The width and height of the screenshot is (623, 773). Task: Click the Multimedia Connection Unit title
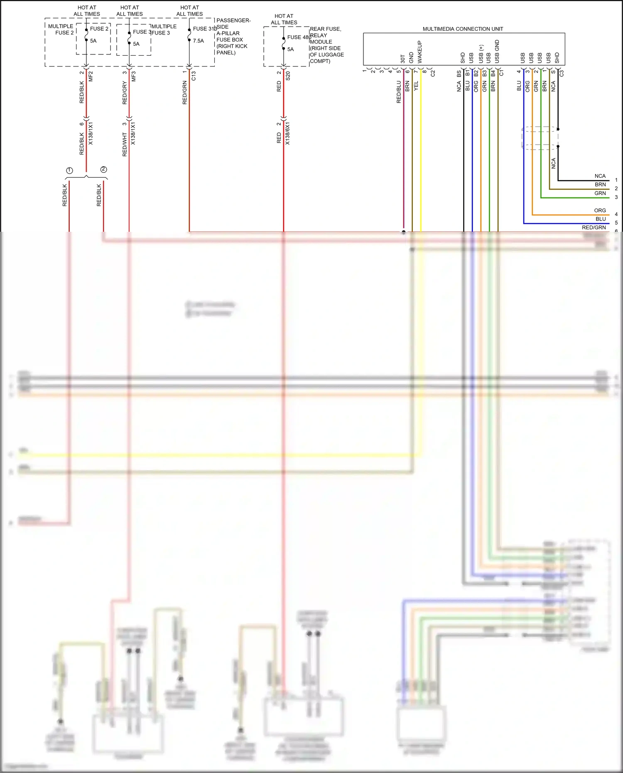(x=463, y=29)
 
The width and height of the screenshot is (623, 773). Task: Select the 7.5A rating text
(x=198, y=41)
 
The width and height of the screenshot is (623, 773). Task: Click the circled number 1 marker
(x=69, y=170)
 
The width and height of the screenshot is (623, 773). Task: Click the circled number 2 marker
(x=103, y=169)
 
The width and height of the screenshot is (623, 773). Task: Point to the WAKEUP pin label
(x=419, y=52)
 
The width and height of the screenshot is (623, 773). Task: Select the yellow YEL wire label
(x=416, y=86)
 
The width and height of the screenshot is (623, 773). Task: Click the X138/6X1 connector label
(x=287, y=133)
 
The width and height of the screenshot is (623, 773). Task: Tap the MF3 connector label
(x=134, y=76)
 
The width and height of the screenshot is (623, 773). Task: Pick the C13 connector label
(x=194, y=76)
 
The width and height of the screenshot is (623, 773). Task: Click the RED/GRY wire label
(x=125, y=93)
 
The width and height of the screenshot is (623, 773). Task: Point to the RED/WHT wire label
(x=125, y=145)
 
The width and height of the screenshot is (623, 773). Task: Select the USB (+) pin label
(x=481, y=54)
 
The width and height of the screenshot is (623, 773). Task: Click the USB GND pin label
(x=497, y=51)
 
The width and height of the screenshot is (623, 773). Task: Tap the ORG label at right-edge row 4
(x=600, y=211)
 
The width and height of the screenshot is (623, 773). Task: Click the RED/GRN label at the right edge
(x=594, y=228)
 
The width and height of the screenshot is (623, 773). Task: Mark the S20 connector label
(x=288, y=76)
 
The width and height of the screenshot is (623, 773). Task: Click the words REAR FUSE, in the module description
(x=325, y=29)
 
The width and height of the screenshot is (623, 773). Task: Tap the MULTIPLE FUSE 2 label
(x=61, y=29)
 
